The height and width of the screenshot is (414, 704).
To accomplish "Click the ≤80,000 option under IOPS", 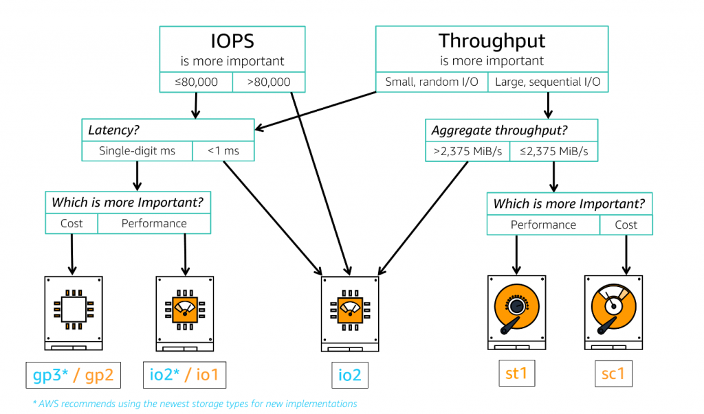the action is click(196, 82).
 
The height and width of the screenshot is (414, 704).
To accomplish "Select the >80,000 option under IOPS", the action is click(268, 82).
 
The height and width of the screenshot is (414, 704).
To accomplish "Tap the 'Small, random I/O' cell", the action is click(431, 82).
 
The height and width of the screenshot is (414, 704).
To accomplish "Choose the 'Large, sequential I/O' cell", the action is click(548, 82).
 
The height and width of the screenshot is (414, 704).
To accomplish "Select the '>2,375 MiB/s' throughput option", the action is click(467, 151).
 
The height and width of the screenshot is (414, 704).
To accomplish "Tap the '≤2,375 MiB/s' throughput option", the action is click(553, 151).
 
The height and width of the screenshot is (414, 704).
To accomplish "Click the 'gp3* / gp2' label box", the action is click(72, 376).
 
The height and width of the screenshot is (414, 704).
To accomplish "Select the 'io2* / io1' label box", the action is click(184, 376).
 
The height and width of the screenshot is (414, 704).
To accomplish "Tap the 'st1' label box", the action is click(516, 374).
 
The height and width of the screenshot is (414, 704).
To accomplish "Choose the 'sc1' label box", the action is click(613, 374).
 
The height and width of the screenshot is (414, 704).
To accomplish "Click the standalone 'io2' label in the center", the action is click(350, 376).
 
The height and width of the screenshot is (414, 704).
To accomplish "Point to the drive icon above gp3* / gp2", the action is click(73, 310).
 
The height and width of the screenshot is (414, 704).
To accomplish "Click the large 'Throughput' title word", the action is click(492, 41).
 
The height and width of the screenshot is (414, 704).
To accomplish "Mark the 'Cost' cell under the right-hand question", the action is click(626, 225).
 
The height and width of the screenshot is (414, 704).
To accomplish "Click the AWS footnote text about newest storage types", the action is click(195, 404).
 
